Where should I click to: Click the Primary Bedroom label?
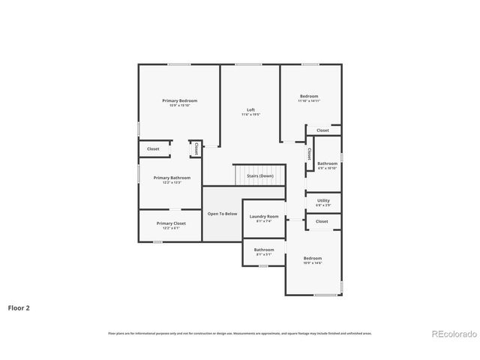point(180,100)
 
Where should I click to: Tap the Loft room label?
point(250,109)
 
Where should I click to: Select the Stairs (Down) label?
point(259,175)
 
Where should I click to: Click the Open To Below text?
point(222,214)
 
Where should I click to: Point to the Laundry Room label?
point(264,216)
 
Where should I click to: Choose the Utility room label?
point(323,200)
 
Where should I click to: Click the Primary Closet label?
point(170,223)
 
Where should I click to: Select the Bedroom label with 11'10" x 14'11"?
point(309,96)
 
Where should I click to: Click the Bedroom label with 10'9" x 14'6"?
point(313,258)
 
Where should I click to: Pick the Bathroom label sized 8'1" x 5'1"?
point(264,250)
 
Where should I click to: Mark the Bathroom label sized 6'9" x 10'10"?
point(327,163)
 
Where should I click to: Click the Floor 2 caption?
point(19,307)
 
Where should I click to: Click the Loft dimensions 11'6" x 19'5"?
point(250,115)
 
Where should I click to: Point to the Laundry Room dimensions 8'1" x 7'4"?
point(264,221)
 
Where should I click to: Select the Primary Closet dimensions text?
point(170,228)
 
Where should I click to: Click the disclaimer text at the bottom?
point(239,333)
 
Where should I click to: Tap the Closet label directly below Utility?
point(322,221)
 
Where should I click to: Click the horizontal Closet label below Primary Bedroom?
point(153,148)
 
